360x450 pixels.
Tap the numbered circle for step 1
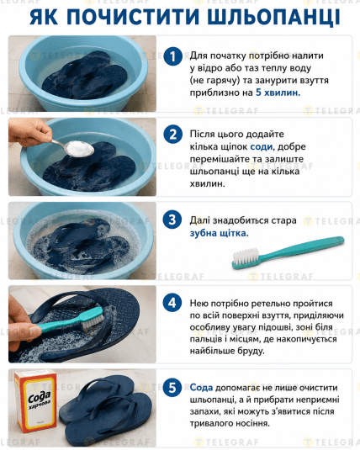pos(172,56)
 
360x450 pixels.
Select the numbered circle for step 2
pos(172,135)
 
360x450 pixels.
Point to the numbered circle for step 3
pos(172,220)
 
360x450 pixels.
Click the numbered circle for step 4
pos(172,303)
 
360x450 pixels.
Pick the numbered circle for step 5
pos(172,388)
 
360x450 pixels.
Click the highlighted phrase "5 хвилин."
pos(278,93)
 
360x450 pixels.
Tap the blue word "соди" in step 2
pos(262,146)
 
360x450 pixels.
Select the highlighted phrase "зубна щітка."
pos(219,233)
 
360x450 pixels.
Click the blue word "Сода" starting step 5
pos(201,388)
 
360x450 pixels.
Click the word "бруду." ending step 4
pos(250,351)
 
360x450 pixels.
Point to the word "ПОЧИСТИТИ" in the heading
pos(134,17)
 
